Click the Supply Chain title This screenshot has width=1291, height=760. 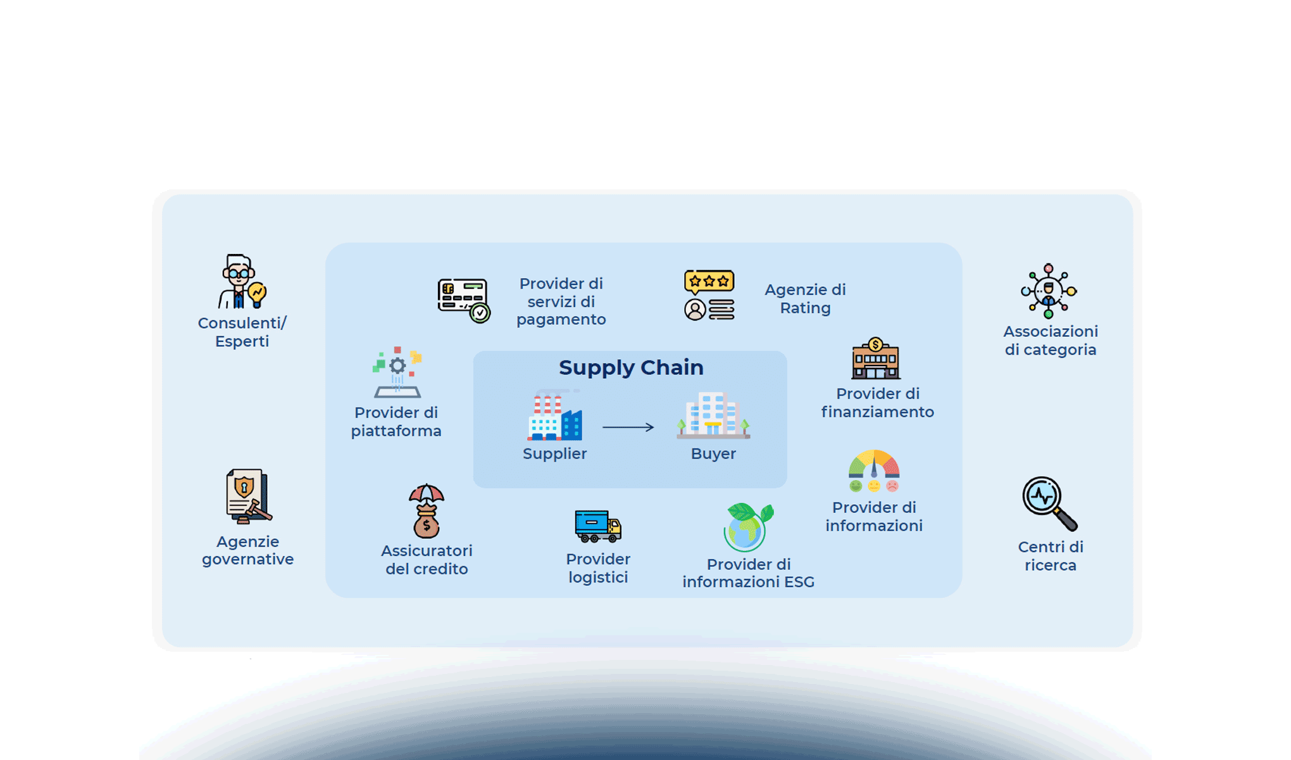(x=631, y=367)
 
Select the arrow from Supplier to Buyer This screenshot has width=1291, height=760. (x=628, y=427)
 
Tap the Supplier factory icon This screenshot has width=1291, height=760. (x=555, y=417)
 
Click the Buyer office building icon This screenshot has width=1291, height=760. (x=713, y=415)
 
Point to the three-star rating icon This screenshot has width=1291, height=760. (x=709, y=295)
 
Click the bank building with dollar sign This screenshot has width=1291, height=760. (x=876, y=358)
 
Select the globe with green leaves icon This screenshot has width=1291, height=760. (x=748, y=528)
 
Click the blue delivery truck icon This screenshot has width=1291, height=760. (x=597, y=526)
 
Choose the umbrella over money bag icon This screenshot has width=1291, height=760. (x=427, y=511)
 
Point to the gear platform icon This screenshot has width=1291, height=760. (x=397, y=372)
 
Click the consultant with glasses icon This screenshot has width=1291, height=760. (x=242, y=282)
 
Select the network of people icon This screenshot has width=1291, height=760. (x=1049, y=291)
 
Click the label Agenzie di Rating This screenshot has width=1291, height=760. (x=805, y=299)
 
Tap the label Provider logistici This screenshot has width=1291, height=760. (x=598, y=568)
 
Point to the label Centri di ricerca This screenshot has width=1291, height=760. (x=1051, y=556)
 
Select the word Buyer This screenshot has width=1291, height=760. (x=713, y=453)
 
